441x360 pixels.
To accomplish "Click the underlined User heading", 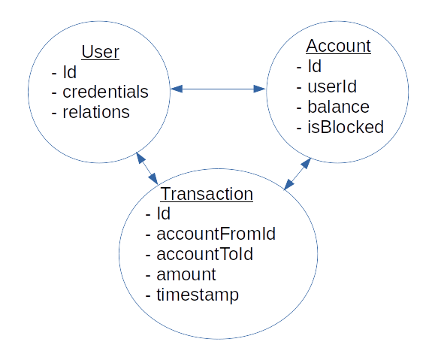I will coord(100,52).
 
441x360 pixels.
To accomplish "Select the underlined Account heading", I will coord(340,46).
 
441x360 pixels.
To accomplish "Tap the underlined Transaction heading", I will coord(207,193).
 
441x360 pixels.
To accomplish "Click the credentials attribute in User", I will coord(104,92).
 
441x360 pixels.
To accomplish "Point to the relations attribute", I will coord(95,113).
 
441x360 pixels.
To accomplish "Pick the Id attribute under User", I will coord(69,72).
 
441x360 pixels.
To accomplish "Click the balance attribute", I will coord(337,107).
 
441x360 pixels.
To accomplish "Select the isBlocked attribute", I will coord(345,127).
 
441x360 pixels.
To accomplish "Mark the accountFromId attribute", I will coord(216,234).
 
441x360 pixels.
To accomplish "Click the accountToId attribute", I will coord(204,254).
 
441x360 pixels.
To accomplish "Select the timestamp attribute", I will coord(197,295).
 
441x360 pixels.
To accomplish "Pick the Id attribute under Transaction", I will coord(164,213).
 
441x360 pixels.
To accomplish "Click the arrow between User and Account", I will coord(218,89).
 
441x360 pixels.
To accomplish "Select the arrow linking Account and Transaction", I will coord(296,174).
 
